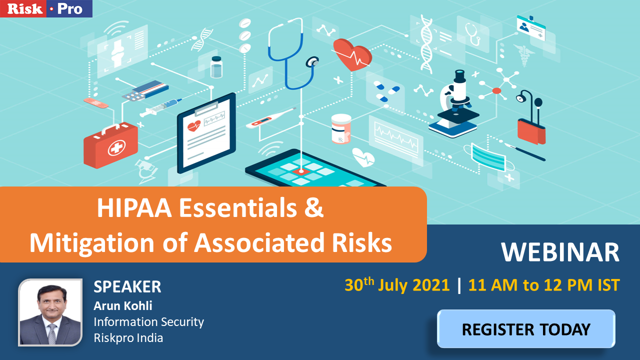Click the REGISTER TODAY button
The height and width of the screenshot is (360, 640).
point(526,329)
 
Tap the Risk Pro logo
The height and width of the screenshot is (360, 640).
point(46,8)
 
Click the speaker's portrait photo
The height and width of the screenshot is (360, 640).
point(50,312)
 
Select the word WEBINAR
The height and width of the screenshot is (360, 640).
point(560,252)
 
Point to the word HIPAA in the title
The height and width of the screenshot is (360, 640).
point(134,208)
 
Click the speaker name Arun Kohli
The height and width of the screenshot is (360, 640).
point(123,305)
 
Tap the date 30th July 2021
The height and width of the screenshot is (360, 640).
point(397,285)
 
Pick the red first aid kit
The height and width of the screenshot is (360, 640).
point(110,144)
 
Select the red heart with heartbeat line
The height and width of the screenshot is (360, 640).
point(352,54)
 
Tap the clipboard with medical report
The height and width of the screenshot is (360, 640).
point(206,133)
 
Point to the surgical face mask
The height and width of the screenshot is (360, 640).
point(489,157)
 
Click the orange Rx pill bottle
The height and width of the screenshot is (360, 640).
point(341,128)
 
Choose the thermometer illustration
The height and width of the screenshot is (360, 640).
point(271,118)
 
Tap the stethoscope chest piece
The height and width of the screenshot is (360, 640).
point(312,61)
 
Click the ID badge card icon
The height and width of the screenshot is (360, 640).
point(531,27)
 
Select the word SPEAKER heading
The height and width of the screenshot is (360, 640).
point(127,286)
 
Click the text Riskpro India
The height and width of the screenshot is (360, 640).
point(128,338)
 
